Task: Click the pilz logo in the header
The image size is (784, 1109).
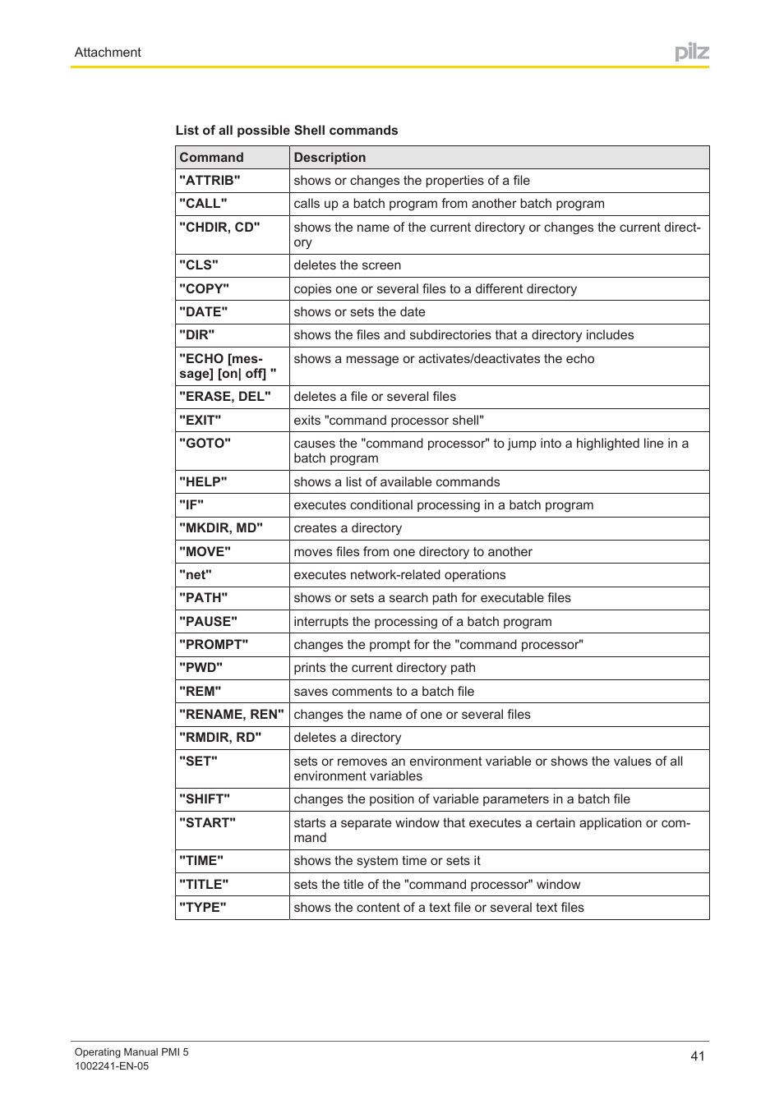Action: coord(691,53)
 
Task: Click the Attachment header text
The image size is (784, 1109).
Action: coord(108,53)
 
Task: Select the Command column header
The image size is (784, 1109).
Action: coord(211,158)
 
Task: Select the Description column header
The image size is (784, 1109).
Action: coord(330,158)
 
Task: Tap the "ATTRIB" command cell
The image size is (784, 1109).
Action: coord(210,181)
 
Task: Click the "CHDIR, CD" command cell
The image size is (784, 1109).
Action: coord(219,228)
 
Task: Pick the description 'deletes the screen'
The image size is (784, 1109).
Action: coord(348,265)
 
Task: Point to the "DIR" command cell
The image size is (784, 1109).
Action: coord(197,335)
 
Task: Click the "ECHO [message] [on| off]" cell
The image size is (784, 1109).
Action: coord(227,366)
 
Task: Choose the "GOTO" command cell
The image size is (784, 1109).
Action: coord(205,444)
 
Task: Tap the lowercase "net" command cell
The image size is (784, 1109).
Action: coord(196,575)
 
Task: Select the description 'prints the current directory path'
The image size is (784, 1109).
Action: coord(385,668)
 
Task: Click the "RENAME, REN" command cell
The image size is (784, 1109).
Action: coord(232,715)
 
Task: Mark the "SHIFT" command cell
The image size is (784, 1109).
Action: coord(205,799)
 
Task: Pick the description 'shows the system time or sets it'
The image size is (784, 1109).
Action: coord(387,861)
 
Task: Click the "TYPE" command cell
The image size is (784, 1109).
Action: coord(203,908)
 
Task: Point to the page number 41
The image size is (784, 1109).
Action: coord(698,1056)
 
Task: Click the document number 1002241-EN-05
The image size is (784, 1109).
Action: coord(112,1066)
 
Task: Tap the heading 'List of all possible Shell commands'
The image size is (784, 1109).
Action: coord(287,131)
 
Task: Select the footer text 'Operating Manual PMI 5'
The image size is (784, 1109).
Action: coord(131,1052)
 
